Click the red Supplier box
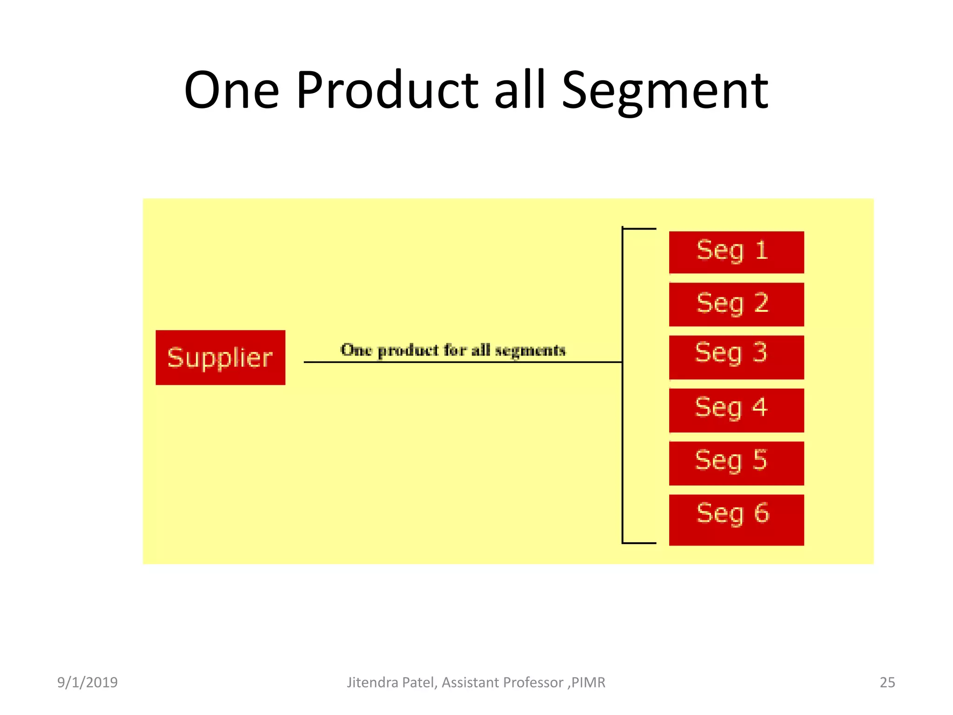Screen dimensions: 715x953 (x=220, y=357)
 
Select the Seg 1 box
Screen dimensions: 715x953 (x=736, y=252)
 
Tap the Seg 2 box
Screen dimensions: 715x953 (x=736, y=304)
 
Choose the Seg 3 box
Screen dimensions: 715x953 (x=736, y=357)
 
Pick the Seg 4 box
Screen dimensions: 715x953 (x=736, y=410)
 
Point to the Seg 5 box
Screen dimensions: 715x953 (x=736, y=463)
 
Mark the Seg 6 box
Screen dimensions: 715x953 (x=736, y=519)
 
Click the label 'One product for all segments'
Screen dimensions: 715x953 (x=453, y=350)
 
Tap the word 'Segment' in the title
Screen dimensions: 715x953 (x=665, y=91)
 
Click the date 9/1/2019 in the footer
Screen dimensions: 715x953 (x=87, y=682)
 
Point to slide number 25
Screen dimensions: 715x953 (x=887, y=682)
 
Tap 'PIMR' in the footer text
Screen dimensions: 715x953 (x=588, y=682)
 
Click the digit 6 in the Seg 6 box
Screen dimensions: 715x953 (x=761, y=513)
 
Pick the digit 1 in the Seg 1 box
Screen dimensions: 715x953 (x=761, y=250)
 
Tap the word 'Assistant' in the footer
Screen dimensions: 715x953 (x=470, y=682)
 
